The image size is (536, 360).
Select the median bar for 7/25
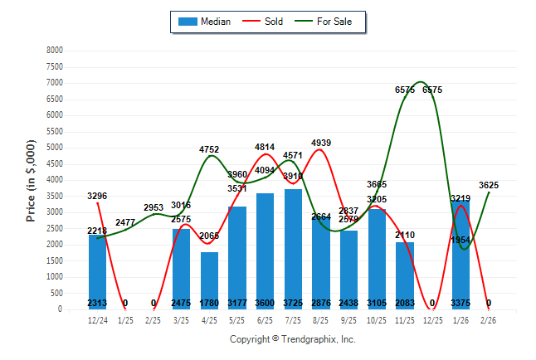(x=293, y=249)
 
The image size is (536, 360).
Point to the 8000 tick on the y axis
(x=54, y=51)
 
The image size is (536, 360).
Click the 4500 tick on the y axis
(x=54, y=164)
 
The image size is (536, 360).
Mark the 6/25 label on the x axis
(x=265, y=319)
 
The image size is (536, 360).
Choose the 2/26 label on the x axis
(x=488, y=319)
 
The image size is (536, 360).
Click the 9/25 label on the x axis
(x=348, y=319)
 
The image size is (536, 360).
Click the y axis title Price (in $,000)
(x=31, y=180)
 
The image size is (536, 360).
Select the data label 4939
(x=321, y=143)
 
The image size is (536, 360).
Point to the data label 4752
(x=209, y=149)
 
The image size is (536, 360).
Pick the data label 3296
(x=97, y=196)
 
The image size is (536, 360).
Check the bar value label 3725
(x=293, y=304)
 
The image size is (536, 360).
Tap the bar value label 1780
(x=209, y=304)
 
